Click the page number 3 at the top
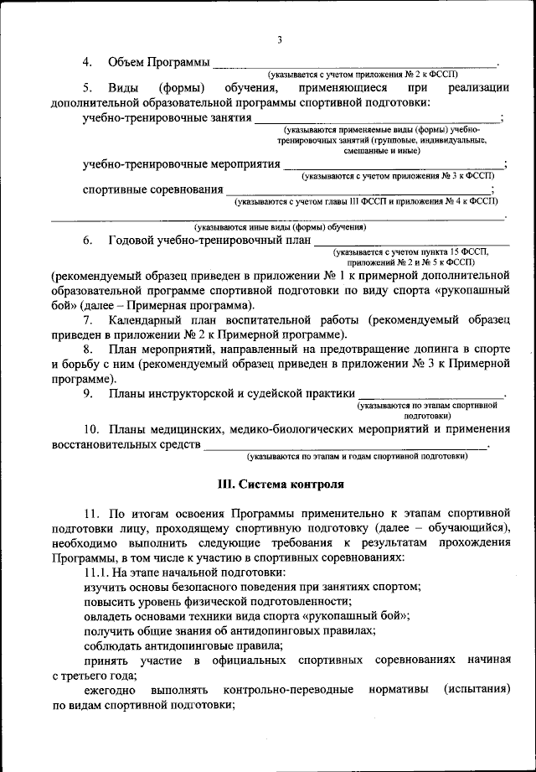[279, 39]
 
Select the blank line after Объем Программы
[355, 65]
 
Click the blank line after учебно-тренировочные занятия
[377, 120]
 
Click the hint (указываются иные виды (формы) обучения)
[280, 227]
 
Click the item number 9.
[88, 394]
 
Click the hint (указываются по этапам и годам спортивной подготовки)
[356, 457]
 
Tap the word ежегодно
[112, 690]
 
